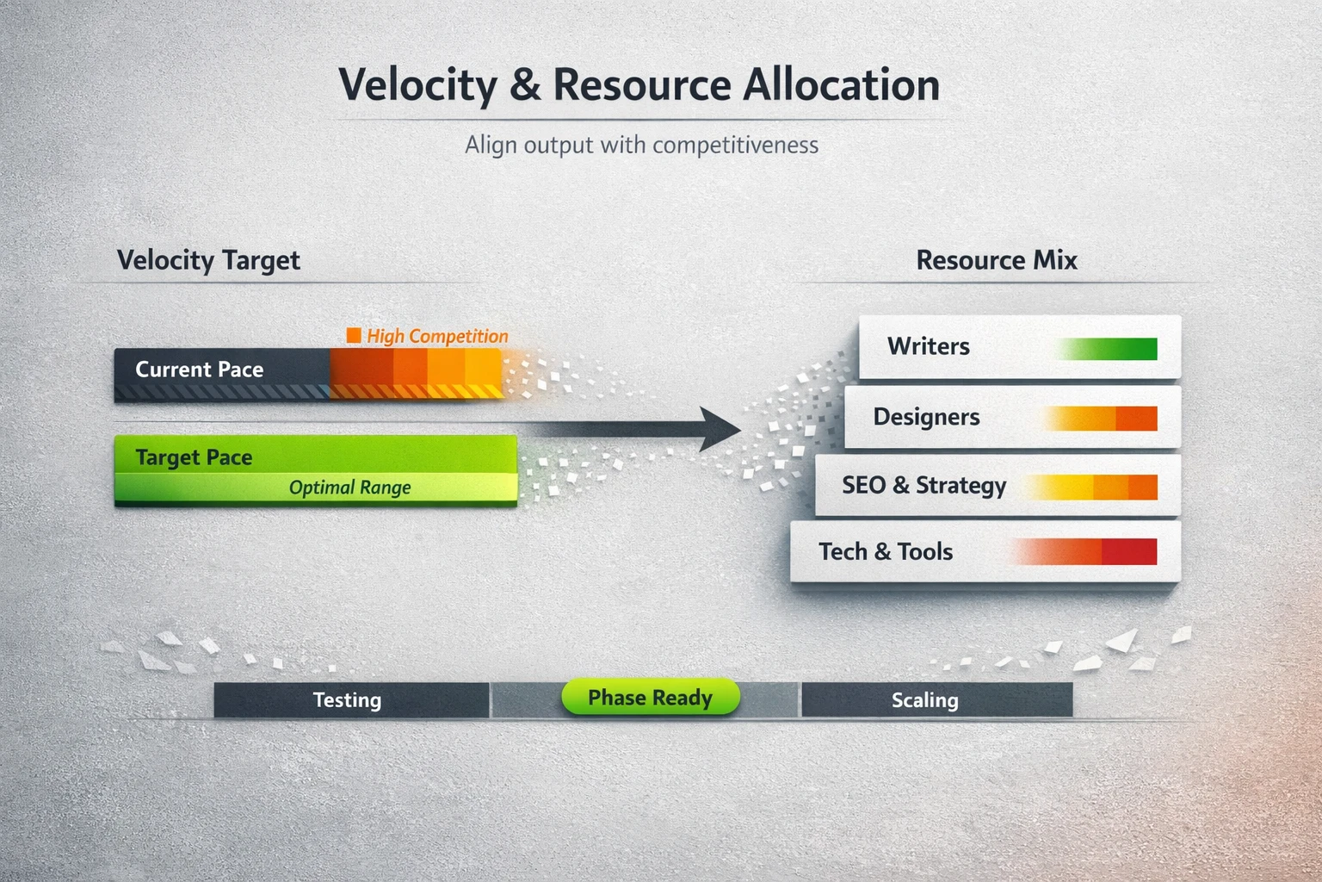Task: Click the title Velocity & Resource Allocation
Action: (x=639, y=85)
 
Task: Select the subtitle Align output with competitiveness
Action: (x=641, y=145)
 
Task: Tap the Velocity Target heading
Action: (x=208, y=260)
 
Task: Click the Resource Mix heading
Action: (x=996, y=260)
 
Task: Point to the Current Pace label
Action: (x=199, y=370)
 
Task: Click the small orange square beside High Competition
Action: (x=354, y=335)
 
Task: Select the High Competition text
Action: (x=437, y=336)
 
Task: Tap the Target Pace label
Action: (x=194, y=457)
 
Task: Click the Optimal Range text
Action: (x=349, y=488)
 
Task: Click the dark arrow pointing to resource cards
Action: (x=654, y=428)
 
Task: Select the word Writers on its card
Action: (x=928, y=346)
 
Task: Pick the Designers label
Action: (x=926, y=417)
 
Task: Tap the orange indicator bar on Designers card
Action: (x=1102, y=419)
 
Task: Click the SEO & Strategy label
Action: (x=924, y=486)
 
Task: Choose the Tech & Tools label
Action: (x=886, y=552)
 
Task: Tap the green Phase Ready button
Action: (x=650, y=698)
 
